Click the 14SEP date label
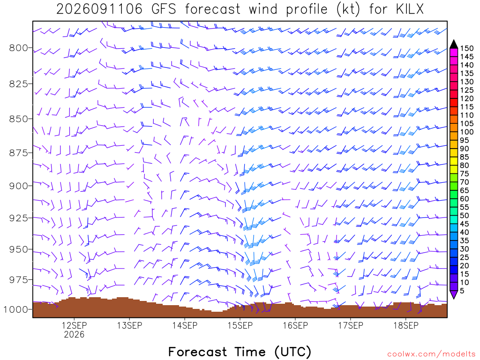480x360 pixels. tap(185, 325)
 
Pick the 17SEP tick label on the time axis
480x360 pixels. tap(351, 325)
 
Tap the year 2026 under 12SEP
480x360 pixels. tap(74, 334)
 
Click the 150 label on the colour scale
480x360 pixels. tap(467, 48)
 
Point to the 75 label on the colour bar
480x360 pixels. tap(465, 173)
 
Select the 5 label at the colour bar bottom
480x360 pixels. tap(462, 291)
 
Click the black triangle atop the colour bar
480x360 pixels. tap(454, 44)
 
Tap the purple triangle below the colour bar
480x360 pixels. tap(454, 295)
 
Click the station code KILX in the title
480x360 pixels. tap(410, 9)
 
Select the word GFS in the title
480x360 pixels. tap(164, 9)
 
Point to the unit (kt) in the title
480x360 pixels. tap(348, 9)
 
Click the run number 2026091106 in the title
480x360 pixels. tap(99, 9)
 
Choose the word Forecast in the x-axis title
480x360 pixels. tap(198, 352)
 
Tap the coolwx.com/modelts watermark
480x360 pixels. tap(431, 354)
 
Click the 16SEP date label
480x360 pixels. tap(295, 325)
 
